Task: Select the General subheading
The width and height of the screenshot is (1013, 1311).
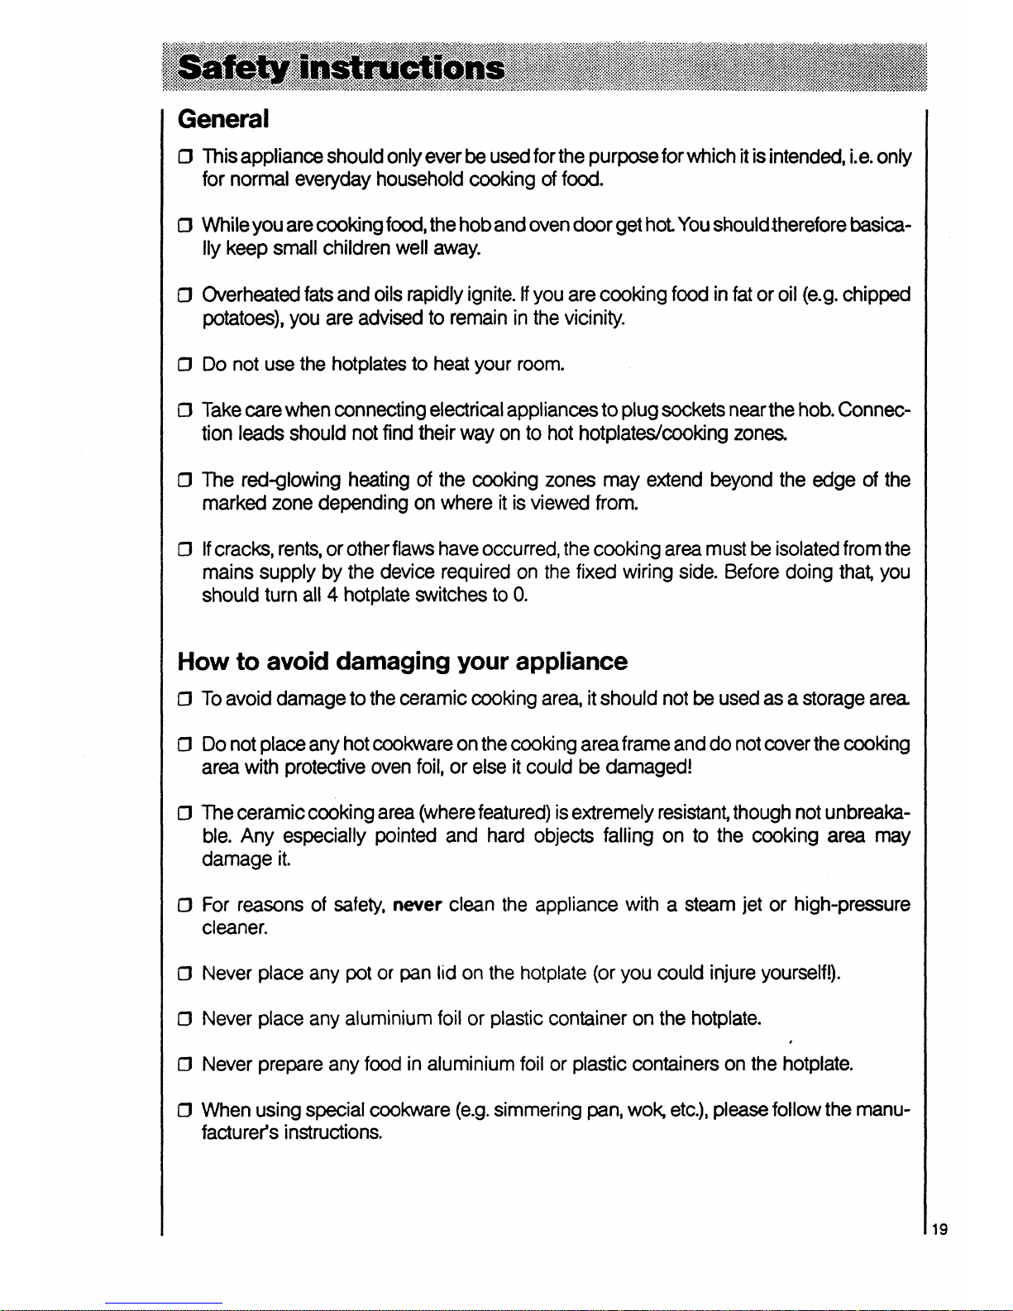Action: pos(223,119)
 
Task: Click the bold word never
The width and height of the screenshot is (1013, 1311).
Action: pos(418,905)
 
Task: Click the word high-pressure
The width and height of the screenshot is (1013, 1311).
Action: pos(852,905)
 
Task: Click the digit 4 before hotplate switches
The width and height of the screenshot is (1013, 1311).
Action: pos(331,595)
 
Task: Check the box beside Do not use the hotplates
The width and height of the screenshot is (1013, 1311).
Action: pos(186,365)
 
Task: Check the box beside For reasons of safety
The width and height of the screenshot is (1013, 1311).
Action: pos(186,906)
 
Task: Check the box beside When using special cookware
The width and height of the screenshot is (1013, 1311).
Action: pos(186,1110)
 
